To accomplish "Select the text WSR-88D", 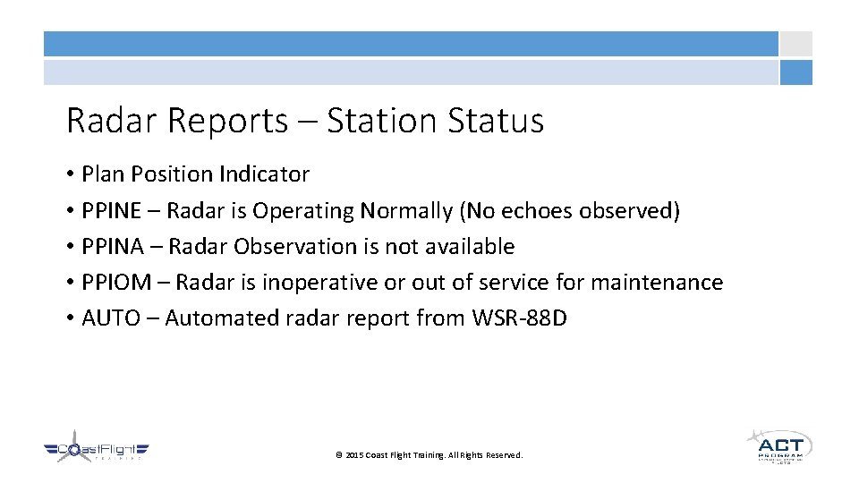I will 518,318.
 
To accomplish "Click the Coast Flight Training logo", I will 97,450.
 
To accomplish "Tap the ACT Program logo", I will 779,445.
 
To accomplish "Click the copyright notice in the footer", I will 429,455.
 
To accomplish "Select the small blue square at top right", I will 795,72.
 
